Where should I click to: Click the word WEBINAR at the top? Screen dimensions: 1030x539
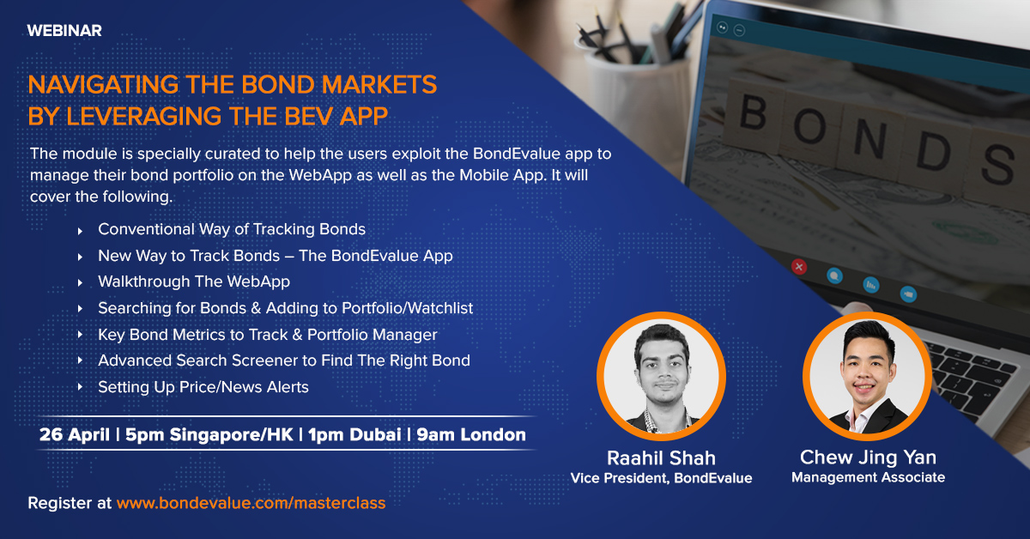(64, 31)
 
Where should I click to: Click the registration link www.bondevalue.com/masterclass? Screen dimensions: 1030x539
(251, 503)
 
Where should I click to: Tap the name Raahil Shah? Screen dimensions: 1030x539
(661, 458)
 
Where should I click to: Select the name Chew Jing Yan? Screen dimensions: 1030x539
(868, 457)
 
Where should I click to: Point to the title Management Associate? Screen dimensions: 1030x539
(868, 477)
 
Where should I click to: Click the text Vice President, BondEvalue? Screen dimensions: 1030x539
(661, 478)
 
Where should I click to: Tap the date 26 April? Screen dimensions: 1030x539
(75, 434)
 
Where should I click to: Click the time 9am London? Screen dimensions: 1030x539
(471, 434)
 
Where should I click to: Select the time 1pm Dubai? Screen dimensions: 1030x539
(354, 434)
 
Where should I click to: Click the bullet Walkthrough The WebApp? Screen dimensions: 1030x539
(194, 282)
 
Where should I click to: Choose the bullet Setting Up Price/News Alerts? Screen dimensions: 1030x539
(203, 387)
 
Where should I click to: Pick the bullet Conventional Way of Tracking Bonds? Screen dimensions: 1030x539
(232, 229)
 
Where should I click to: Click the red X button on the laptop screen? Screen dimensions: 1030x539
(799, 267)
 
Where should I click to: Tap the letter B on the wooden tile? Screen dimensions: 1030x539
(753, 112)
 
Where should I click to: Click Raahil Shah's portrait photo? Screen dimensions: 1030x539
(661, 376)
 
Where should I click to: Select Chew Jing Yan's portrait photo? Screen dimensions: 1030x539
(867, 376)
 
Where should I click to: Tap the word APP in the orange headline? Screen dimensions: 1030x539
(364, 116)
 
